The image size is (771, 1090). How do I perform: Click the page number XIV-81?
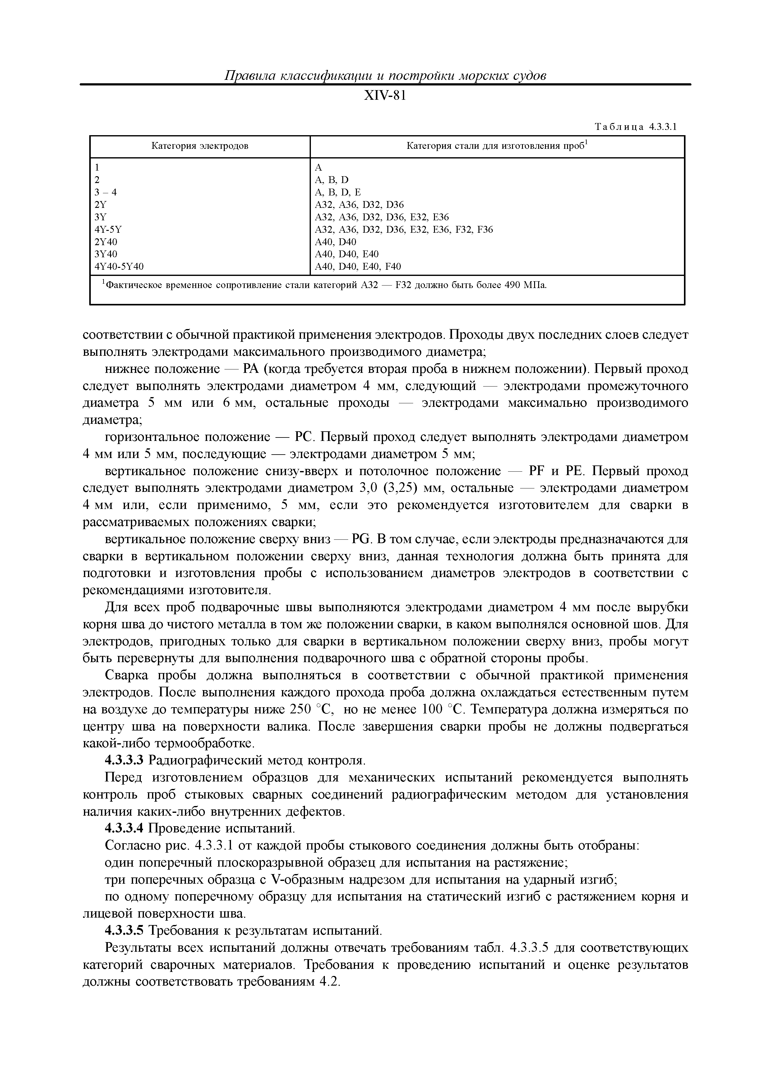pyautogui.click(x=385, y=96)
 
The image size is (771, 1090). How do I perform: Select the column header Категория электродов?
pyautogui.click(x=200, y=146)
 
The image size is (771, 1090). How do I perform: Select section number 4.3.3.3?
pyautogui.click(x=123, y=761)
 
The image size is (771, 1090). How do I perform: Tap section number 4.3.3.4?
pyautogui.click(x=123, y=828)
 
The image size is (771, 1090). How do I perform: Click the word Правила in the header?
pyautogui.click(x=247, y=76)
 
